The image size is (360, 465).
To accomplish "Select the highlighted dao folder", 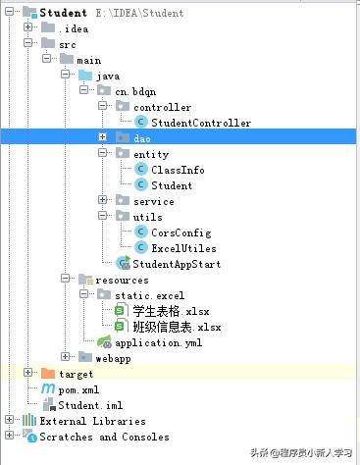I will tap(142, 138).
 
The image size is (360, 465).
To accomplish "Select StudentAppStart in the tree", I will tap(176, 264).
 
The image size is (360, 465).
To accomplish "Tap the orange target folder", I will tap(76, 374).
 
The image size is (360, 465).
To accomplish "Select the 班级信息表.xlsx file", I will tap(177, 327).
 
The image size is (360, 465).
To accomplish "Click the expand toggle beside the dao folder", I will tap(102, 138).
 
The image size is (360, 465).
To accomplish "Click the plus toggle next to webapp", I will tap(66, 358).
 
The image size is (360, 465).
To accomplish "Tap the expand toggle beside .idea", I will tap(29, 28).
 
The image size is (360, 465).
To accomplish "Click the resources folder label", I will tap(122, 280).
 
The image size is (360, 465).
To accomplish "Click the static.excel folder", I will tap(149, 295).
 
